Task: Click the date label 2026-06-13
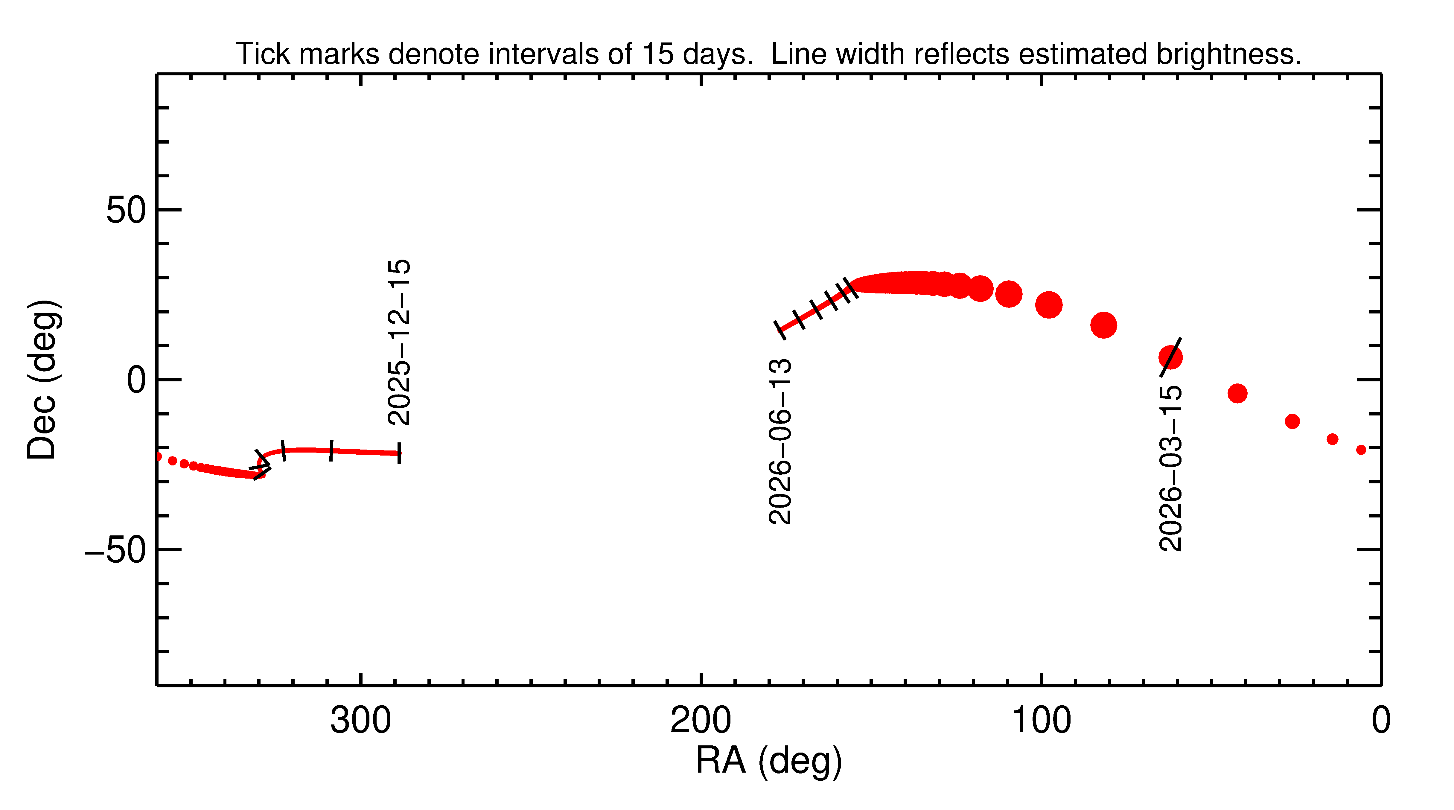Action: pyautogui.click(x=781, y=441)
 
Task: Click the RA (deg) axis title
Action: pyautogui.click(x=769, y=761)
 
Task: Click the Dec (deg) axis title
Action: pyautogui.click(x=42, y=379)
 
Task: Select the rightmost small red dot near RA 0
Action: pyautogui.click(x=1361, y=450)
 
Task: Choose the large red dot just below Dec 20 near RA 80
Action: pyautogui.click(x=1103, y=325)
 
